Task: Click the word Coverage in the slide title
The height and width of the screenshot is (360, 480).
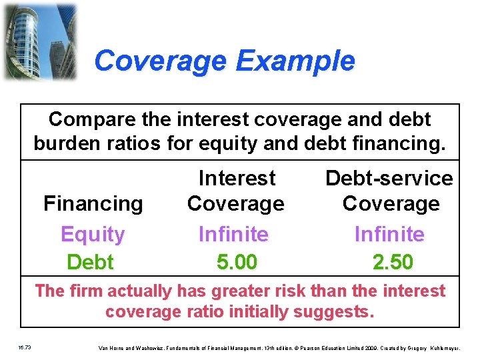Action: (160, 61)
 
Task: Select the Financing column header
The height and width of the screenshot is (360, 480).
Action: (93, 203)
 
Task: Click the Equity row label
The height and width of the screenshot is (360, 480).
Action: (93, 234)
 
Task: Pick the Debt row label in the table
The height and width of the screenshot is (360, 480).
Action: (91, 262)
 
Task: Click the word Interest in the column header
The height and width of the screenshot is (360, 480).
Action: (237, 178)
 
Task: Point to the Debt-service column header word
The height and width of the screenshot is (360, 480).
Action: (389, 178)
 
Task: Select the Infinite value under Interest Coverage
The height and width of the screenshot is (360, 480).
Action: (233, 234)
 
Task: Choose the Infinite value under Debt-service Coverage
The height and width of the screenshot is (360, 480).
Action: (389, 234)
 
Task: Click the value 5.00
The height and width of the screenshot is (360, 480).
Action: (237, 262)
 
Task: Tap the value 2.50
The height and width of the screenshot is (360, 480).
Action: (393, 262)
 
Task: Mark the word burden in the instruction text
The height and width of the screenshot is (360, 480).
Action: (66, 143)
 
